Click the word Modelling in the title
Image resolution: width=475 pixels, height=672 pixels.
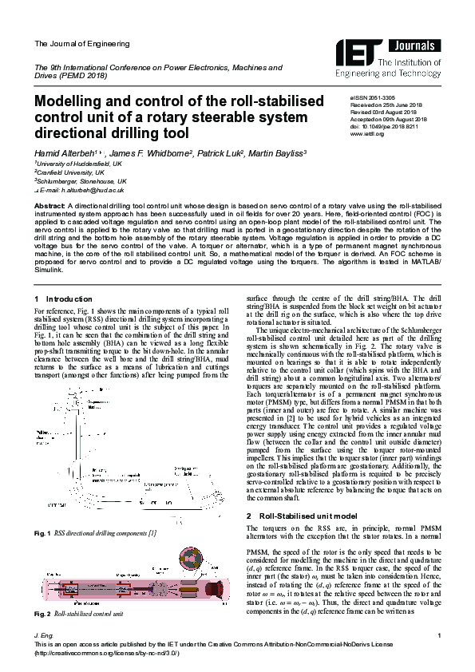click(69, 102)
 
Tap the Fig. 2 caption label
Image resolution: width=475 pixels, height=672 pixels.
click(42, 614)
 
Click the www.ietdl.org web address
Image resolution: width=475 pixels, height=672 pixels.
click(368, 133)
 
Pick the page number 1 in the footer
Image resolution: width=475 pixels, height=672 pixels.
click(440, 634)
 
